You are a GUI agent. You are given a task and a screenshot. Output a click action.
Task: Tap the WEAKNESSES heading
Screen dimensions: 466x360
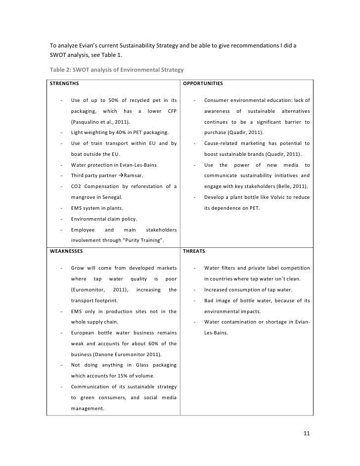coord(66,251)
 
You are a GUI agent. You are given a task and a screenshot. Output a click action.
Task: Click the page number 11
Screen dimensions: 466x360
coord(307,434)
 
